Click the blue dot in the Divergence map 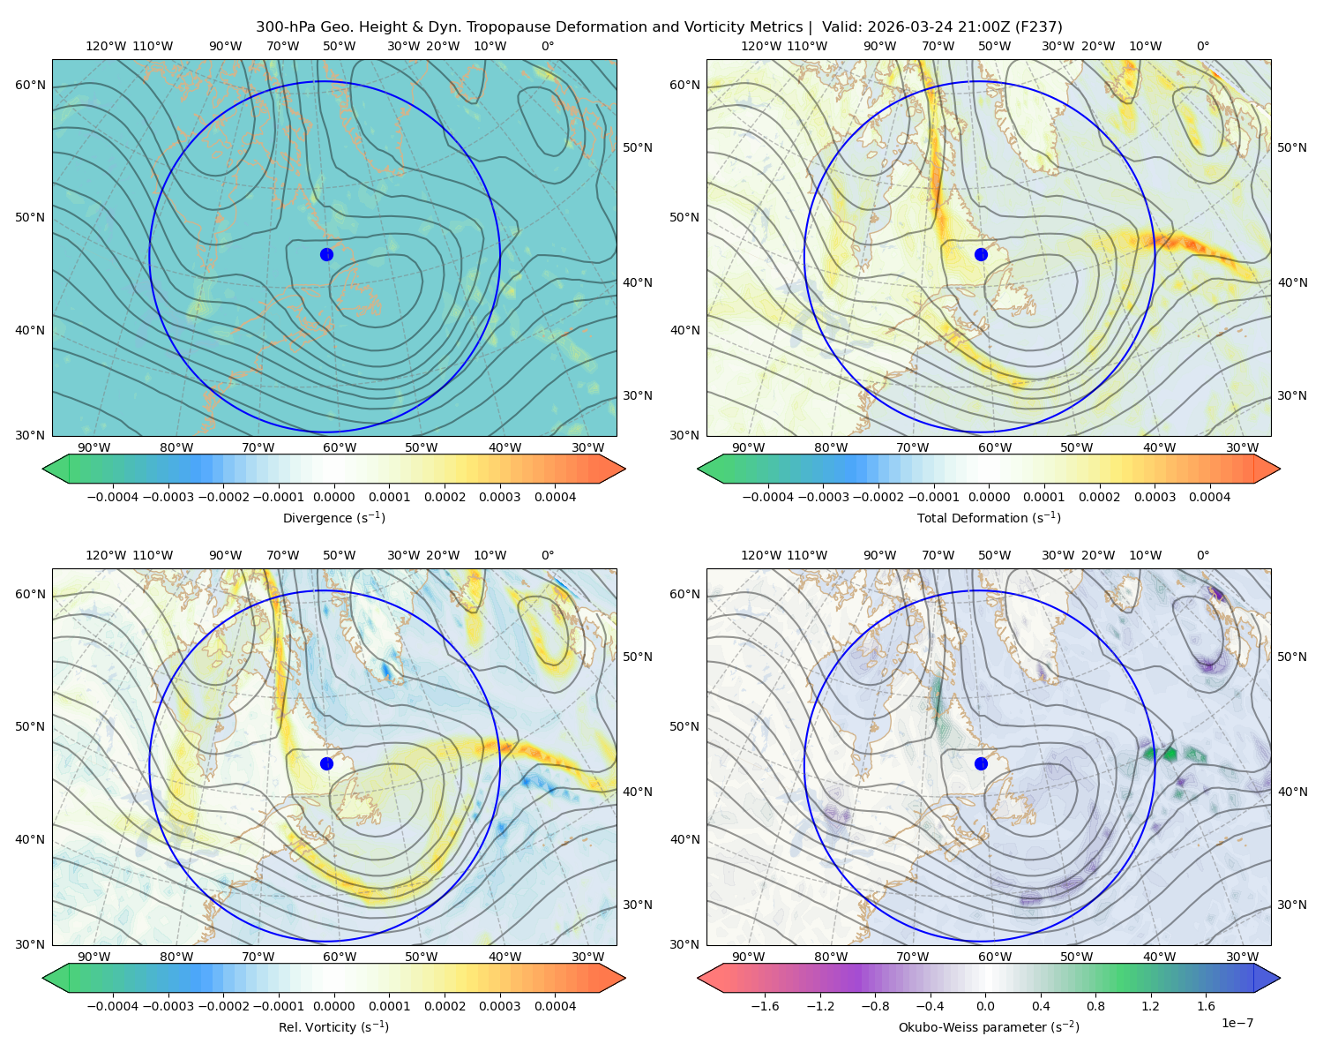click(326, 255)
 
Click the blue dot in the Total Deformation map click(981, 255)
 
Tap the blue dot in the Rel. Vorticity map click(326, 763)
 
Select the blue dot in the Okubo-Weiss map click(981, 763)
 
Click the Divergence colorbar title click(333, 518)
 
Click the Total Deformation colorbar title click(989, 518)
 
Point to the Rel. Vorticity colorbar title click(333, 1027)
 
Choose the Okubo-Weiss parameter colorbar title click(989, 1027)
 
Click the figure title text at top click(659, 27)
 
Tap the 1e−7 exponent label click(1237, 1024)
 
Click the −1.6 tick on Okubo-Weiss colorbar click(766, 1006)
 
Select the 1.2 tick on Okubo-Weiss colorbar click(1150, 1006)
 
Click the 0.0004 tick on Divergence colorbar click(555, 497)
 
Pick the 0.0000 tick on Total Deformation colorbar click(989, 497)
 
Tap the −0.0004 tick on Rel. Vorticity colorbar click(113, 1006)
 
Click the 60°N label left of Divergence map click(30, 85)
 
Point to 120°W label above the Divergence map click(106, 46)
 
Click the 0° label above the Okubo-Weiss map click(1203, 555)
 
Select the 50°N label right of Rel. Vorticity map click(638, 657)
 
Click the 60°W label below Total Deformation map click(995, 448)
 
